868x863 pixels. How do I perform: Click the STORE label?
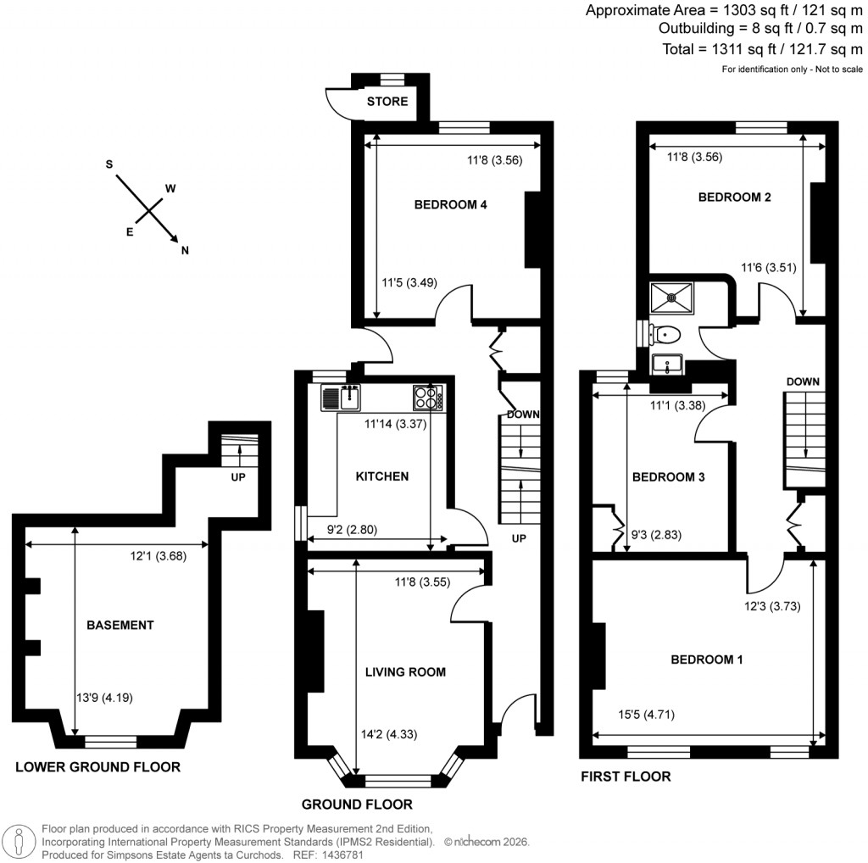(387, 102)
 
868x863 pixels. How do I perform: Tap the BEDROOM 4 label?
(450, 204)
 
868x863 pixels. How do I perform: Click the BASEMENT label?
(120, 626)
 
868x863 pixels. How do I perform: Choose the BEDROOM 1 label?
(707, 659)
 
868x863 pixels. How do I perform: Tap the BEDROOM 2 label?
(734, 198)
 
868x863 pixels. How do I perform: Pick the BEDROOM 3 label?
(669, 477)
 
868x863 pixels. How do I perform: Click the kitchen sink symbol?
(342, 396)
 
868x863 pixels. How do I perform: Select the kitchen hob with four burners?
(427, 397)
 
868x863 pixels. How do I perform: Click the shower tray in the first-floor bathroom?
(671, 298)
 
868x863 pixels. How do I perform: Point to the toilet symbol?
(666, 334)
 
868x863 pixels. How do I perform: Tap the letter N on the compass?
(185, 249)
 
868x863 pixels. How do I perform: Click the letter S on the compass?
(109, 164)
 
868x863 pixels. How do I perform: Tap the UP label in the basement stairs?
(238, 477)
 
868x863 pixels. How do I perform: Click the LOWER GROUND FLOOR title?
(98, 768)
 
